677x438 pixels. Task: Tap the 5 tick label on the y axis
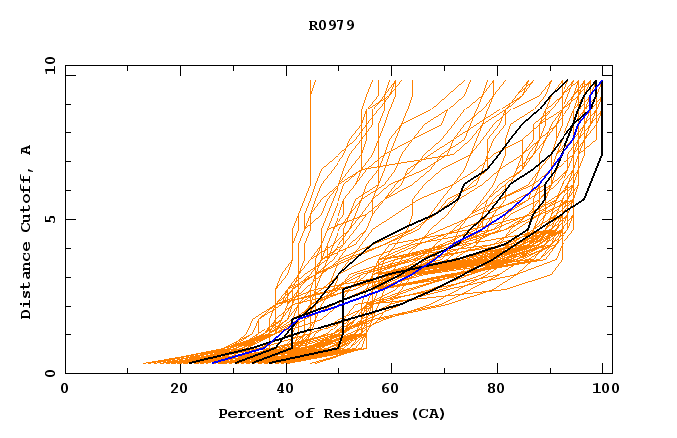pyautogui.click(x=49, y=219)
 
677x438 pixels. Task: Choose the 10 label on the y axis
pyautogui.click(x=46, y=65)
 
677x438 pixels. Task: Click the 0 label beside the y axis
pyautogui.click(x=49, y=373)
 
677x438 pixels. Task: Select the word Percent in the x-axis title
pyautogui.click(x=250, y=413)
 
